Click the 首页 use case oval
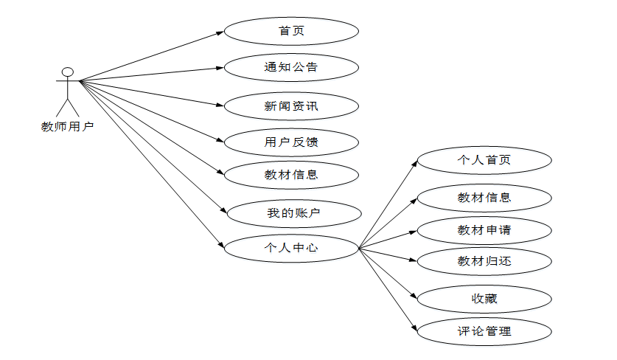tap(291, 32)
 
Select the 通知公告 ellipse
tap(291, 67)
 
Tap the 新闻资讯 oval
tap(291, 106)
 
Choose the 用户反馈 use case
tap(291, 142)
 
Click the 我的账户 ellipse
tap(294, 214)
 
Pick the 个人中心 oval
tap(291, 248)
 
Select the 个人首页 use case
tap(484, 160)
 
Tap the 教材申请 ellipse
tap(484, 230)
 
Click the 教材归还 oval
tap(484, 260)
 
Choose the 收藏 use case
tap(484, 299)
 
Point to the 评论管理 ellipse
tap(484, 331)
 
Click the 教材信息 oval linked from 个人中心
tap(484, 198)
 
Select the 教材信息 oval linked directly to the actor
tap(291, 175)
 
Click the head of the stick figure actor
tap(68, 72)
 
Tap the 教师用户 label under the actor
tap(67, 126)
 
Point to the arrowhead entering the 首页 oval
tap(220, 32)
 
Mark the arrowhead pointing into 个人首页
tap(414, 163)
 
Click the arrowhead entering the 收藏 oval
tap(414, 297)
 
